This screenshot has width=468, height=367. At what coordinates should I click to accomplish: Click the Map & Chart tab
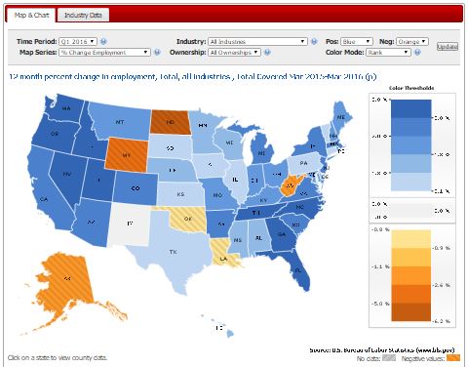29,15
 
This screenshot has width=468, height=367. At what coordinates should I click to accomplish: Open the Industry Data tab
85,15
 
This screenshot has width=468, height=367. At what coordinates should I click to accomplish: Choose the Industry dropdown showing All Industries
257,42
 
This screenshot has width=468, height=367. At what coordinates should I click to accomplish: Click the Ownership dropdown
257,53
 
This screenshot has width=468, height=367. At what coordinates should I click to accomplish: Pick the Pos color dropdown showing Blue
357,42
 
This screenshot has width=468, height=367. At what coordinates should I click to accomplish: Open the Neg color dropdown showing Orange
412,42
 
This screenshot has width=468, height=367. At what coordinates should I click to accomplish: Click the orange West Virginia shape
288,183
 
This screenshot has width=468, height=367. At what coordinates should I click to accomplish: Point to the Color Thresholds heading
411,88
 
